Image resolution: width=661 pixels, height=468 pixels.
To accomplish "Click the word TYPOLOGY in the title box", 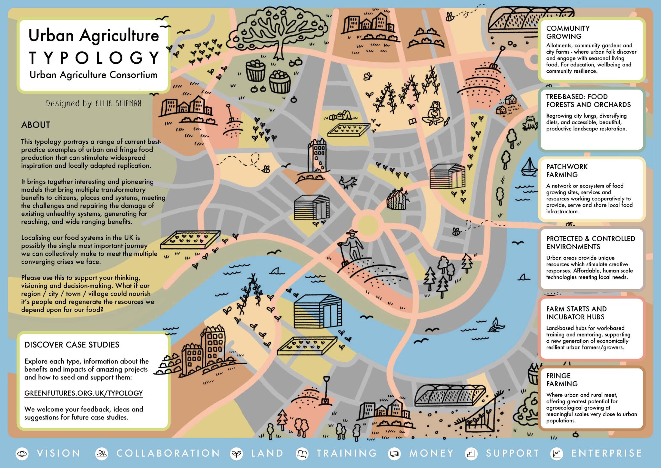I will [x=94, y=58].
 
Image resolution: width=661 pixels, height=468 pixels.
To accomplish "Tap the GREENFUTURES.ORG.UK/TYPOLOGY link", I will [x=84, y=393].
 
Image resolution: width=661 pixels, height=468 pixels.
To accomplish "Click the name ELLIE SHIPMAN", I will [x=118, y=103].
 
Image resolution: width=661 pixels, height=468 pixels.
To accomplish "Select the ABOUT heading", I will [x=36, y=125].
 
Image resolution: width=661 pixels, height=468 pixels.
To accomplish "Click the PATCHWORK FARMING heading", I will [x=567, y=171].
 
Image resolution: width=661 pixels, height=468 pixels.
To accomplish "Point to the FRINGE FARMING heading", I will [x=562, y=379].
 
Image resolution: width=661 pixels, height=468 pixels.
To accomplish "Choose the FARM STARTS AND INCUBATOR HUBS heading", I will [x=576, y=313].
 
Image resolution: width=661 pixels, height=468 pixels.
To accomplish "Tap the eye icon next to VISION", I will [x=22, y=454].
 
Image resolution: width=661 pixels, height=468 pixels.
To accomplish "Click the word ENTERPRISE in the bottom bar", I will [x=606, y=453].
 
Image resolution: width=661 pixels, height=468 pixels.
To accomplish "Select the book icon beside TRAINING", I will [x=302, y=454].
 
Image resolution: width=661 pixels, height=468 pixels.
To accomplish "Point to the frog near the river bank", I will [x=530, y=123].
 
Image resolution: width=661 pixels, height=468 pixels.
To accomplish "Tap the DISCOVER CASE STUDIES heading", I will [x=72, y=345].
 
